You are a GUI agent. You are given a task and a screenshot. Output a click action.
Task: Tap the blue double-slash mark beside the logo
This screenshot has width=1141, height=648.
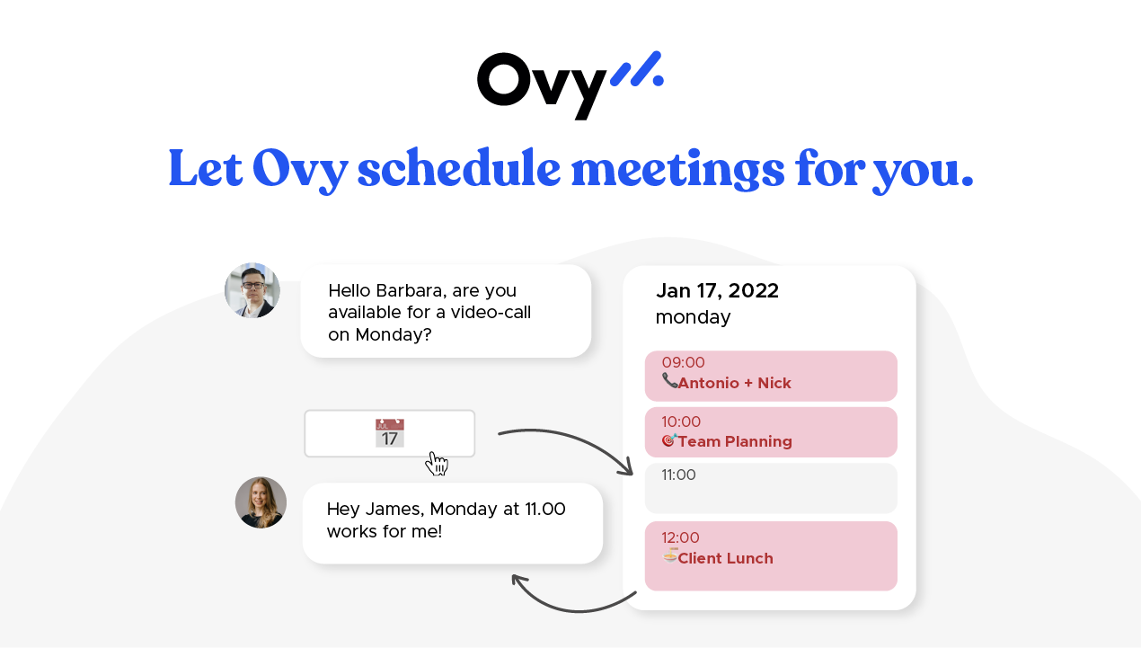tap(637, 70)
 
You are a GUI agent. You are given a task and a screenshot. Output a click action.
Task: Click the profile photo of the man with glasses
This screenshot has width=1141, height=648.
tap(252, 290)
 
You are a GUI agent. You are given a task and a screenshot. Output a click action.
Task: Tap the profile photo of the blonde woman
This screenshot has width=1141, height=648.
tap(261, 502)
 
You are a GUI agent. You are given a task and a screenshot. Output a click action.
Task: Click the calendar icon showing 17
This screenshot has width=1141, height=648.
tap(390, 433)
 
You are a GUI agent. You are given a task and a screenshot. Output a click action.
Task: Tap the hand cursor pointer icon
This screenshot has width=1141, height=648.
tap(438, 464)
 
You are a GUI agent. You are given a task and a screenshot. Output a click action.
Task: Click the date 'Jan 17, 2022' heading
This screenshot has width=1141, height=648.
tap(717, 290)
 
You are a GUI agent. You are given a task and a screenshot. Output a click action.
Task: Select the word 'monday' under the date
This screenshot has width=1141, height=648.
tap(693, 317)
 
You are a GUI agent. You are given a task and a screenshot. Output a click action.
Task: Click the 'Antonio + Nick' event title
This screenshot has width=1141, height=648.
tap(734, 384)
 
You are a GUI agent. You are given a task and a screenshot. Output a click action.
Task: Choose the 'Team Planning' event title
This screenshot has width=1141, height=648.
tap(735, 442)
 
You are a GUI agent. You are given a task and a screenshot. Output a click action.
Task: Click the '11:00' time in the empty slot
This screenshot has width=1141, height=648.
tap(678, 475)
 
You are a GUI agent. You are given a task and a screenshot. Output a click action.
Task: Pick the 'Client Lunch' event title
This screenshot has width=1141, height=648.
tap(725, 559)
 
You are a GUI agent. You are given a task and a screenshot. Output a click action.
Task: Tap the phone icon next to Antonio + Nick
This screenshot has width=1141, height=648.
tap(669, 381)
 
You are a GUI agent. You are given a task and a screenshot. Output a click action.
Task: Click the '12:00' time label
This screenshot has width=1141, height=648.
tap(680, 538)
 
